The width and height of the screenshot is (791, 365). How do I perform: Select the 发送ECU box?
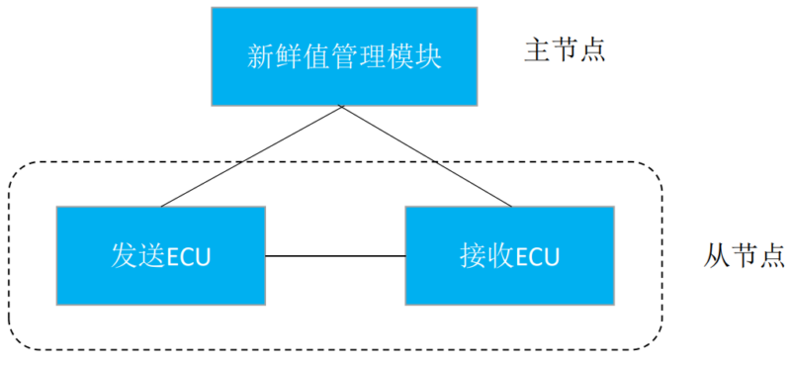[160, 255]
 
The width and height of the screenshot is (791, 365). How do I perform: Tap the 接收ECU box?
[509, 255]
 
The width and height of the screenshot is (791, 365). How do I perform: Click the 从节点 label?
[731, 255]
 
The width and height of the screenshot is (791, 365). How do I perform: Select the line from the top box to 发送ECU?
[252, 155]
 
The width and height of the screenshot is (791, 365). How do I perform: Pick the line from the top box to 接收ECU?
[427, 155]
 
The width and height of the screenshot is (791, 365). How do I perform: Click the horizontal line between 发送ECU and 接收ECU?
[335, 256]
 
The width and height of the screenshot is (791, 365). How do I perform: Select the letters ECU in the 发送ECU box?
[189, 256]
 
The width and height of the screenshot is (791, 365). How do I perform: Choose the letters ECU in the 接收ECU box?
[537, 256]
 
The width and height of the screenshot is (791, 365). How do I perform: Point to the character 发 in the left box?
[121, 255]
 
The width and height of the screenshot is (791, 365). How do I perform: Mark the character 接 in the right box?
[471, 255]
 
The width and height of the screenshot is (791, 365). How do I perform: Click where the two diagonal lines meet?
[342, 107]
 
